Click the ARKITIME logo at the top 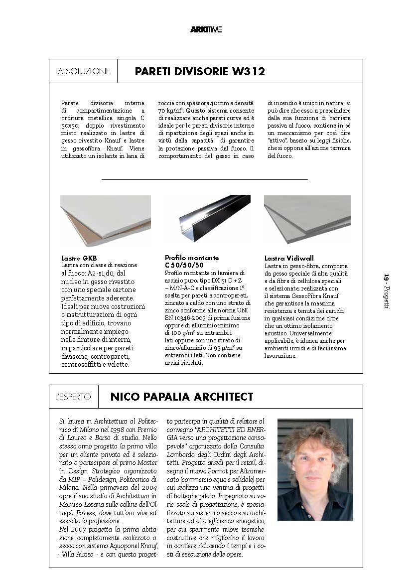206,29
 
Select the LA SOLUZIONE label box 83,71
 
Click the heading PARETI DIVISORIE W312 199,71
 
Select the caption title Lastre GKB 79,258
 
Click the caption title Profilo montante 192,258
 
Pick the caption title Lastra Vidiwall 289,258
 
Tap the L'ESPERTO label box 73,397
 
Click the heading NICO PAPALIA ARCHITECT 181,397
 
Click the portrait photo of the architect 315,469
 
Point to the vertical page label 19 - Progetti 386,291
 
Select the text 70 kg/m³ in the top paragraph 169,110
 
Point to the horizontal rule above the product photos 204,179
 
